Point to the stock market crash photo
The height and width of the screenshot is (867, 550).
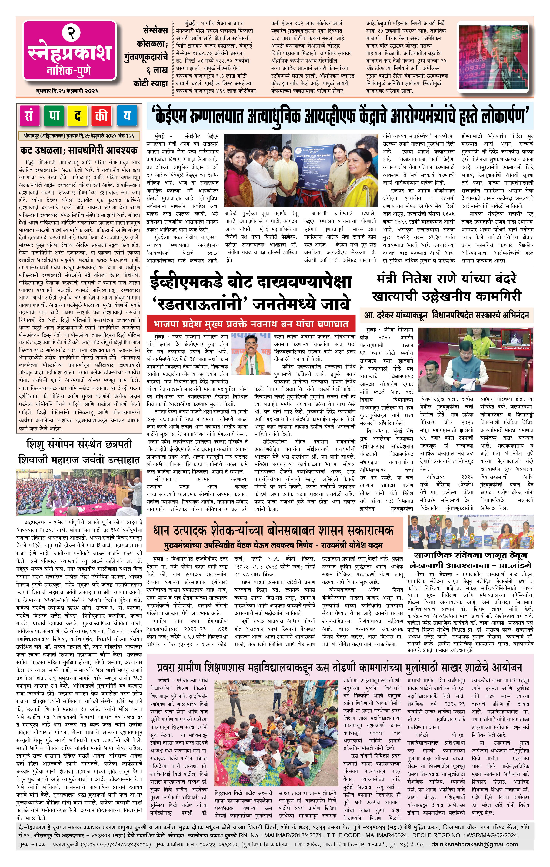(494, 56)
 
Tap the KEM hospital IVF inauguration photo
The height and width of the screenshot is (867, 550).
(302, 171)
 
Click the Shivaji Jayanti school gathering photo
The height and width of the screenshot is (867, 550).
(79, 492)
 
